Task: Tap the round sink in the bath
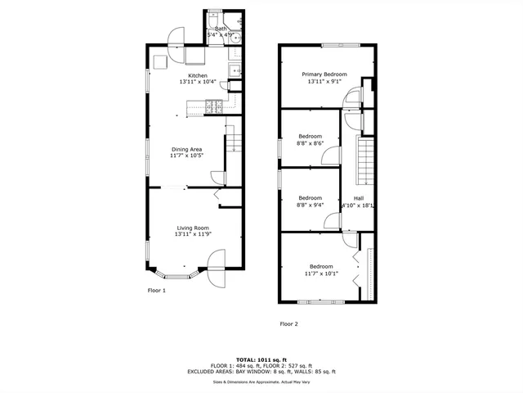click(x=235, y=37)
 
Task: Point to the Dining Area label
click(x=186, y=149)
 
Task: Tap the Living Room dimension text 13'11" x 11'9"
click(x=193, y=235)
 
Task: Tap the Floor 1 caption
click(x=156, y=290)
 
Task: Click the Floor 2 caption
click(x=289, y=323)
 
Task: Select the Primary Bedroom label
click(x=324, y=75)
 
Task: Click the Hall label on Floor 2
click(x=358, y=198)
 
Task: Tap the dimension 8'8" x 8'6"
click(x=310, y=143)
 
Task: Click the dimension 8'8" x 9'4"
click(x=310, y=206)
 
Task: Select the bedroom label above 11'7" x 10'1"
click(x=321, y=266)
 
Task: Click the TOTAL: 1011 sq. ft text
click(x=261, y=359)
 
